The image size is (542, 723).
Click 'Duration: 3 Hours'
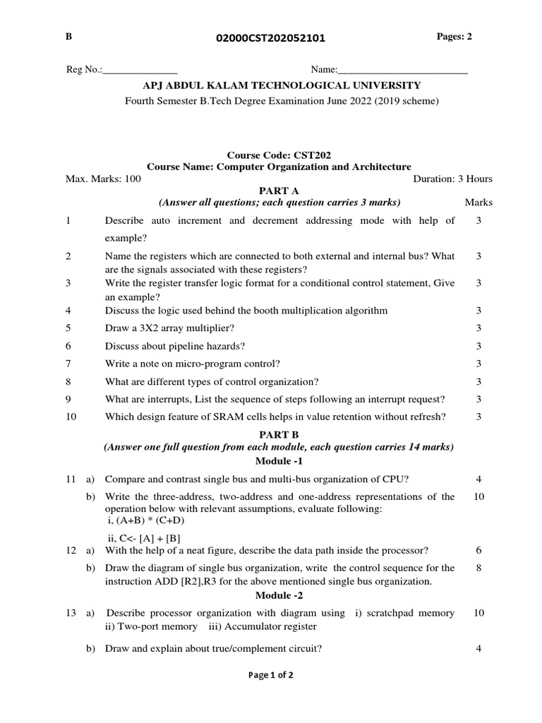coord(452,179)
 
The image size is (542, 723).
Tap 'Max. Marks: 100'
coord(103,179)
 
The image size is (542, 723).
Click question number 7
coord(68,364)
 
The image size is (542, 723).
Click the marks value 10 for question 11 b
coord(478,496)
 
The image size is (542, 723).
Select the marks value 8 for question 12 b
coord(478,568)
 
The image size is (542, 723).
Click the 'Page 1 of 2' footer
coord(271,675)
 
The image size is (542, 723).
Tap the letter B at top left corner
coord(68,37)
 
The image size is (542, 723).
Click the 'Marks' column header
coord(478,203)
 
